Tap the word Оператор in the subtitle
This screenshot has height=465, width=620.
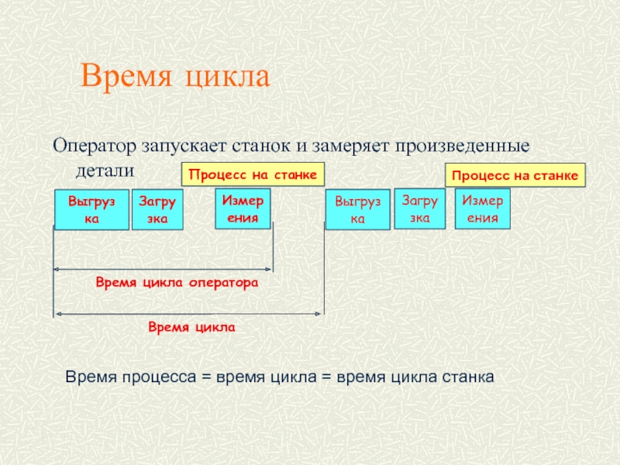click(93, 146)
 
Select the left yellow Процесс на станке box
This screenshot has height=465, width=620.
click(253, 174)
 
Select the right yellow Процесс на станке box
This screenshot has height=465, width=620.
click(516, 176)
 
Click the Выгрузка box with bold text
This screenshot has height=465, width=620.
click(91, 210)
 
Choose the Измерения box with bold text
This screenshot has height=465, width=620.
click(243, 208)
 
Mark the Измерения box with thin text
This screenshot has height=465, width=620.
click(482, 208)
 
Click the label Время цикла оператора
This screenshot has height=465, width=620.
click(176, 284)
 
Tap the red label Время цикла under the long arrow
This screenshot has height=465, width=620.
click(191, 328)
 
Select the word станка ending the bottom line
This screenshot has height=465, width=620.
click(467, 377)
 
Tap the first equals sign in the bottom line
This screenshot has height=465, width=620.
click(207, 377)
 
